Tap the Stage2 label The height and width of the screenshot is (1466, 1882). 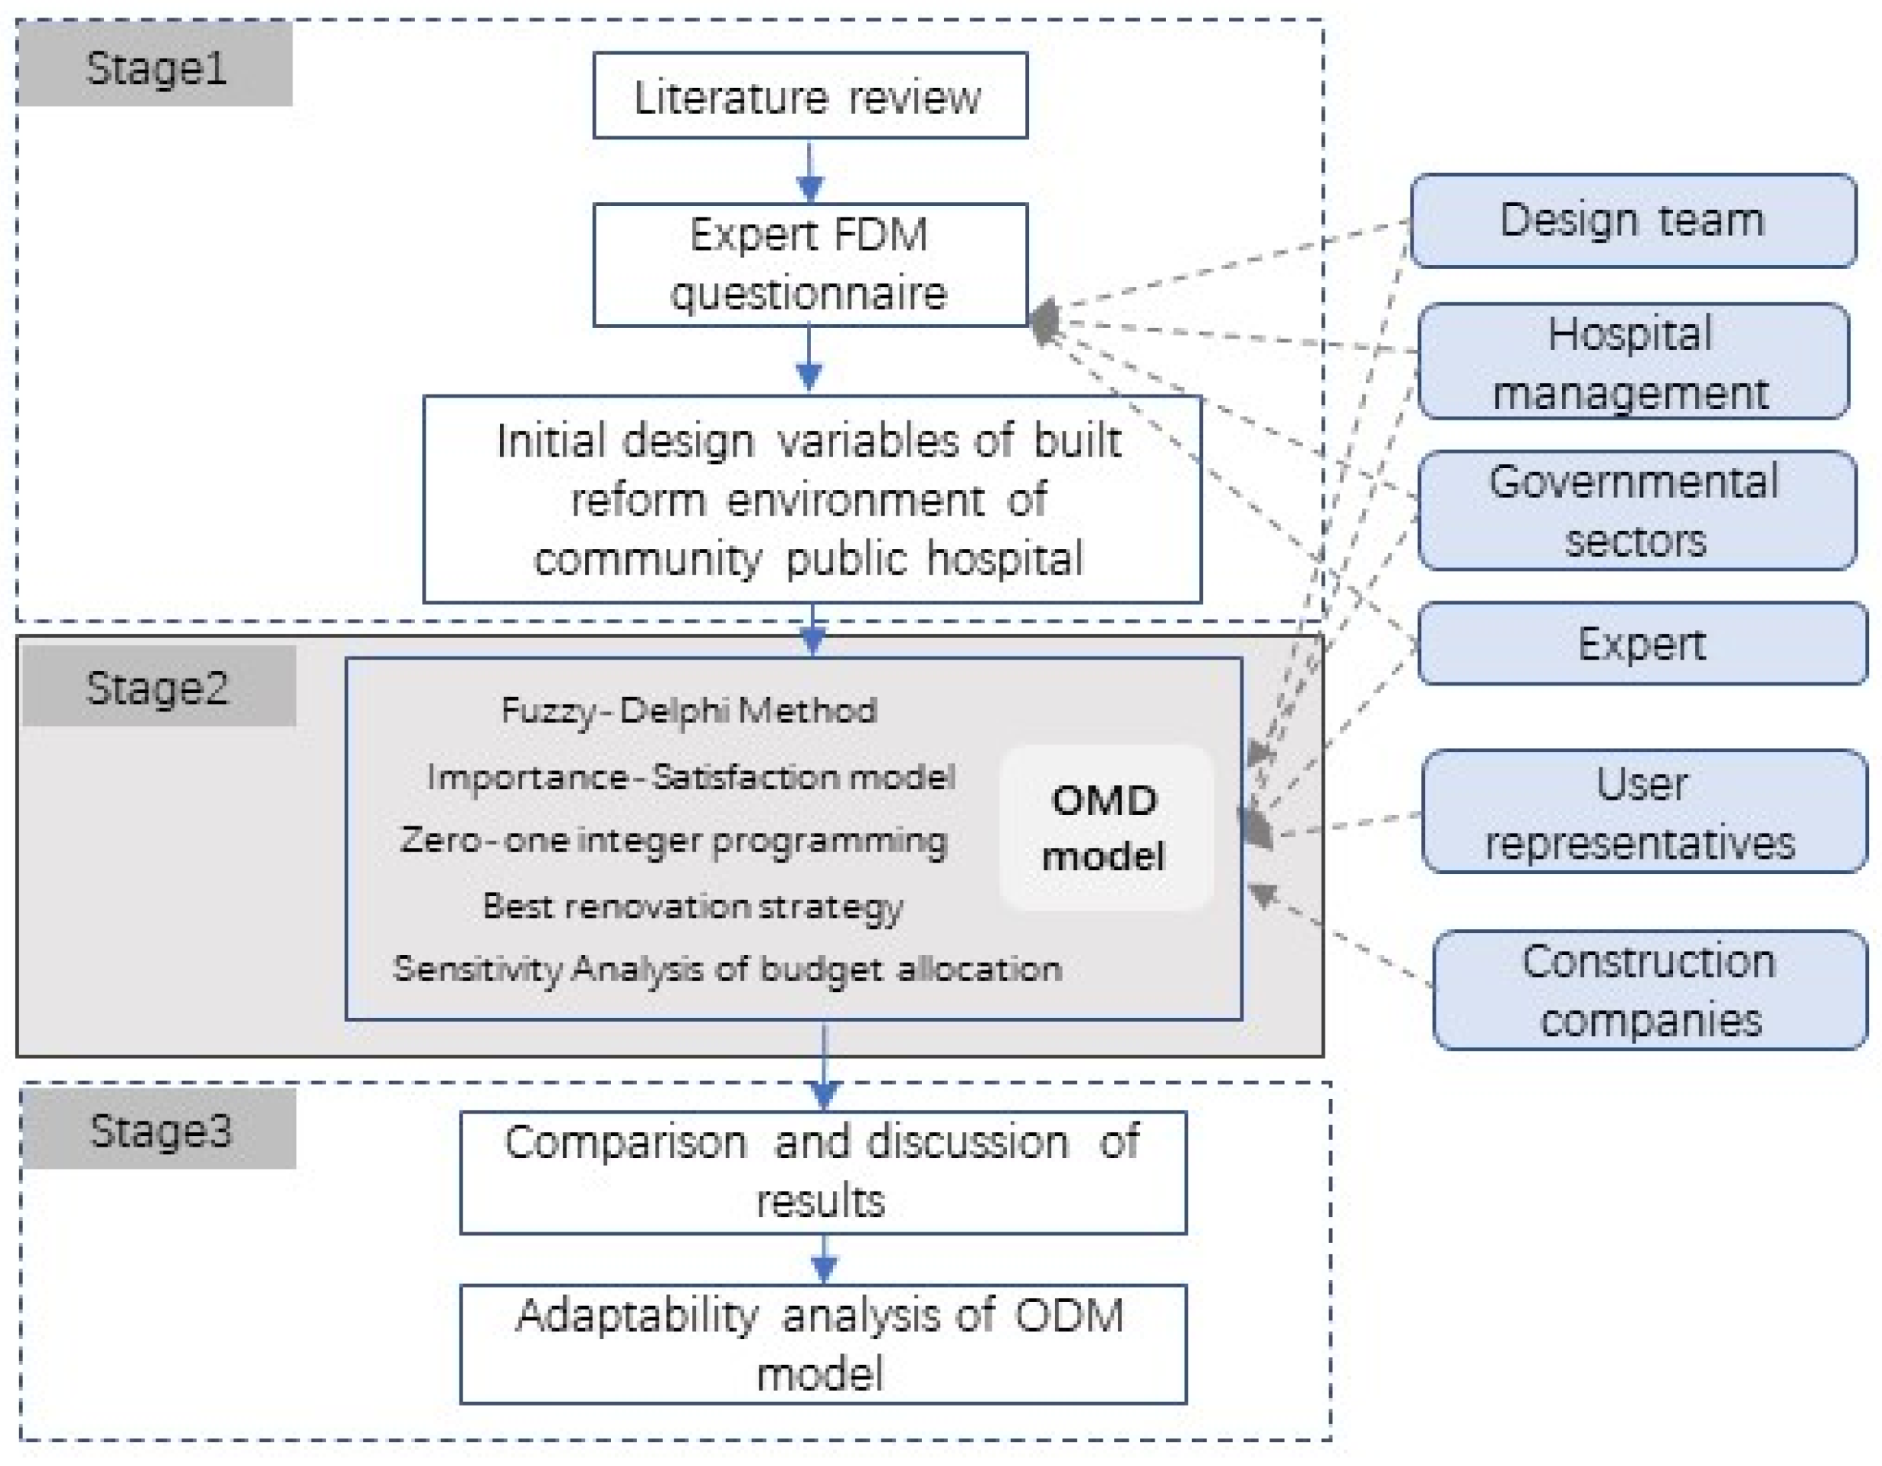[158, 687]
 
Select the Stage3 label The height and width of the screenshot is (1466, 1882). [160, 1129]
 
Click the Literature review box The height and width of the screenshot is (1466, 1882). [809, 96]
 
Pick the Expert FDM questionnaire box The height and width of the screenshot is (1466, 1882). [809, 263]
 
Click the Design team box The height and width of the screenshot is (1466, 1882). [1632, 221]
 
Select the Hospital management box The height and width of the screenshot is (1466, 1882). [1632, 362]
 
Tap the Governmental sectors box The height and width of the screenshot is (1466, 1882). [1635, 510]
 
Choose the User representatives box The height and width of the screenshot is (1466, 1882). [1642, 812]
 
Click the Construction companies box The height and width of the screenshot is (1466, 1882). [1649, 990]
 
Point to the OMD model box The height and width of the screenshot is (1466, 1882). [1106, 827]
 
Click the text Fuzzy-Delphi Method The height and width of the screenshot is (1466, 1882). [688, 710]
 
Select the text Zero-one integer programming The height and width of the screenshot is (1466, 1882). [674, 840]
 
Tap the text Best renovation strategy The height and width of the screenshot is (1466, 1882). [693, 906]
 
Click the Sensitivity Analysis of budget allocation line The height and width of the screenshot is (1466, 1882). [727, 970]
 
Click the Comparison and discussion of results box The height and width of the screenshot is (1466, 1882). [823, 1172]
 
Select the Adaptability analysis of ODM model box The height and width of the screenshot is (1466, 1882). [823, 1344]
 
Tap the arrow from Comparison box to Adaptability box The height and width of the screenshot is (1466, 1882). [824, 1259]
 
